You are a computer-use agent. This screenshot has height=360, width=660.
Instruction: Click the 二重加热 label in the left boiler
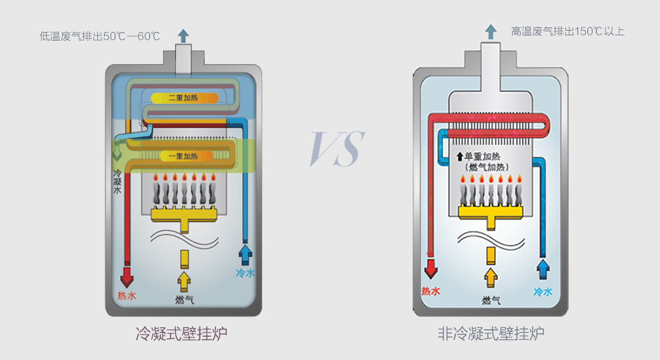coord(183,98)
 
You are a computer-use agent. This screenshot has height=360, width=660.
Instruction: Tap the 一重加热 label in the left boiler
coord(183,156)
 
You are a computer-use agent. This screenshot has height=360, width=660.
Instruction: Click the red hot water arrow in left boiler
coord(127,275)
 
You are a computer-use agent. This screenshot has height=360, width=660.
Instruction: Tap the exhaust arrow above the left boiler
coord(183,35)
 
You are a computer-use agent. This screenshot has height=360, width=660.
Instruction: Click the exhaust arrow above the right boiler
coord(491,31)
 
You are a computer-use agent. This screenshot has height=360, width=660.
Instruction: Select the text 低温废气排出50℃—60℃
coord(100,36)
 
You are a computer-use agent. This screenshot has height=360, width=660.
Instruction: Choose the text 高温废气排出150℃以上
coord(568,31)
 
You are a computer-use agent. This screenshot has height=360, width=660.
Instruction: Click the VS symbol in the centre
coord(337,148)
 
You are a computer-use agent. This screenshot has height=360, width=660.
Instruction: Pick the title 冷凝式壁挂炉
coord(181,333)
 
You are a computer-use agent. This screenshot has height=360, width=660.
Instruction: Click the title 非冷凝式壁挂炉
coord(491,333)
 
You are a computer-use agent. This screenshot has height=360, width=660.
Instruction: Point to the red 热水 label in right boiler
coord(431,291)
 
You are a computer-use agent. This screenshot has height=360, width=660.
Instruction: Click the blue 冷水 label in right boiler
coord(543,291)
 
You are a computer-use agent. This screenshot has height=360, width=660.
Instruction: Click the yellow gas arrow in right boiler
coord(491,276)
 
